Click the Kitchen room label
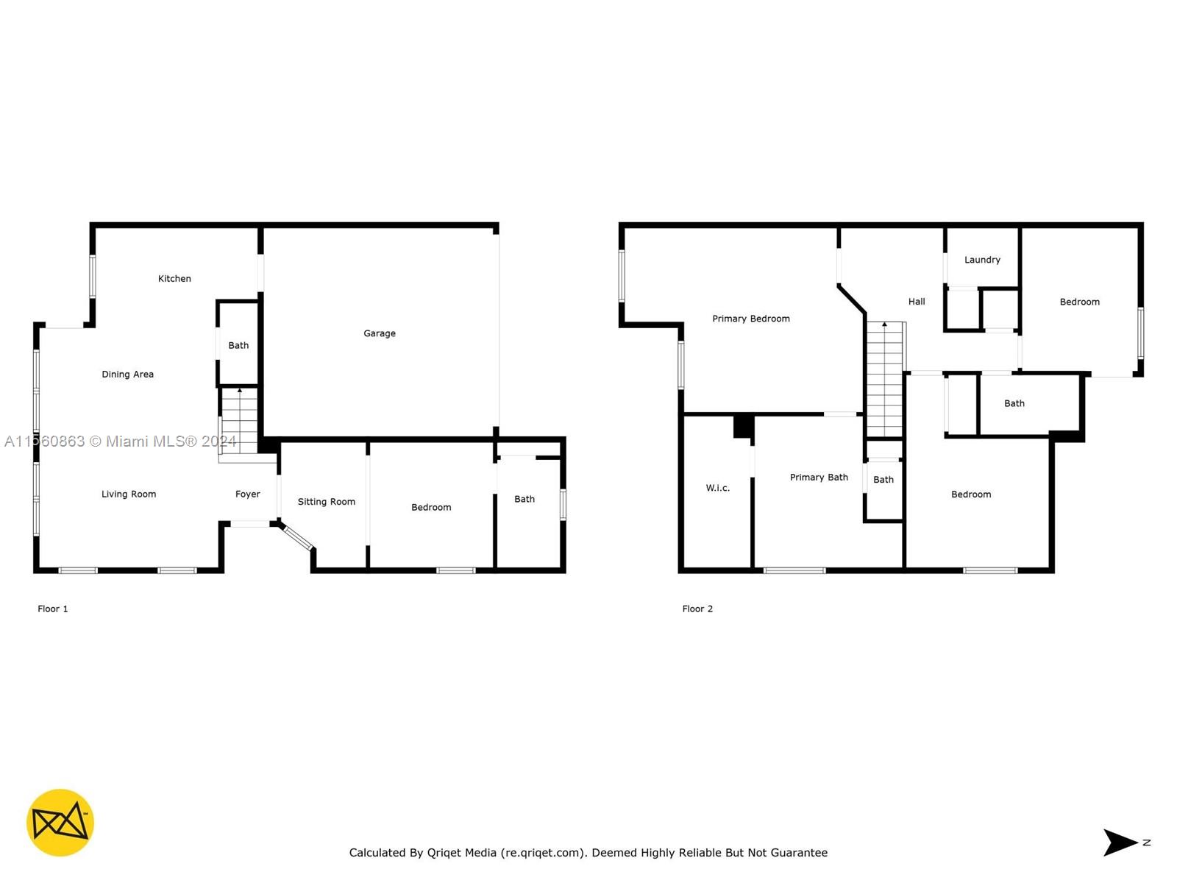click(x=174, y=278)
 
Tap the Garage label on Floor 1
click(x=379, y=333)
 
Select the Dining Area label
click(x=127, y=375)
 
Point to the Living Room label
click(x=129, y=494)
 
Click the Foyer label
click(x=247, y=494)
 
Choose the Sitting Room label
click(x=326, y=502)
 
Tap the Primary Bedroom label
click(x=751, y=319)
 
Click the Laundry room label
click(x=982, y=260)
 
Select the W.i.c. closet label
click(x=717, y=487)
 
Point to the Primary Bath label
click(x=819, y=477)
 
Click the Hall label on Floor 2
click(x=917, y=301)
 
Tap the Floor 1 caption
click(x=52, y=609)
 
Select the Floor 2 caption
click(x=697, y=609)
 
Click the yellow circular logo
click(x=60, y=823)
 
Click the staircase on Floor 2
click(x=885, y=380)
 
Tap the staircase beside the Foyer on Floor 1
click(x=240, y=421)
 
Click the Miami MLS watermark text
click(x=120, y=441)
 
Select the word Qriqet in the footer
click(x=461, y=852)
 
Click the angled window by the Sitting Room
click(x=298, y=539)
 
